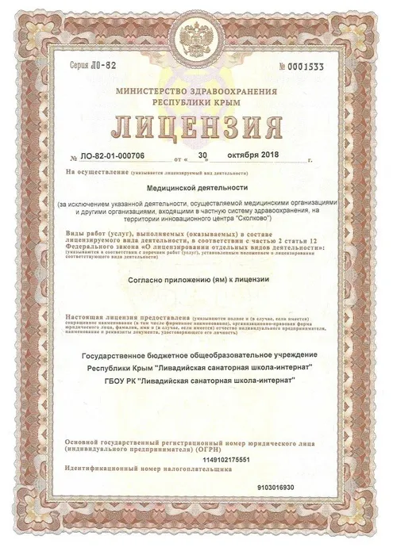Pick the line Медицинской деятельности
pyautogui.click(x=196, y=189)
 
